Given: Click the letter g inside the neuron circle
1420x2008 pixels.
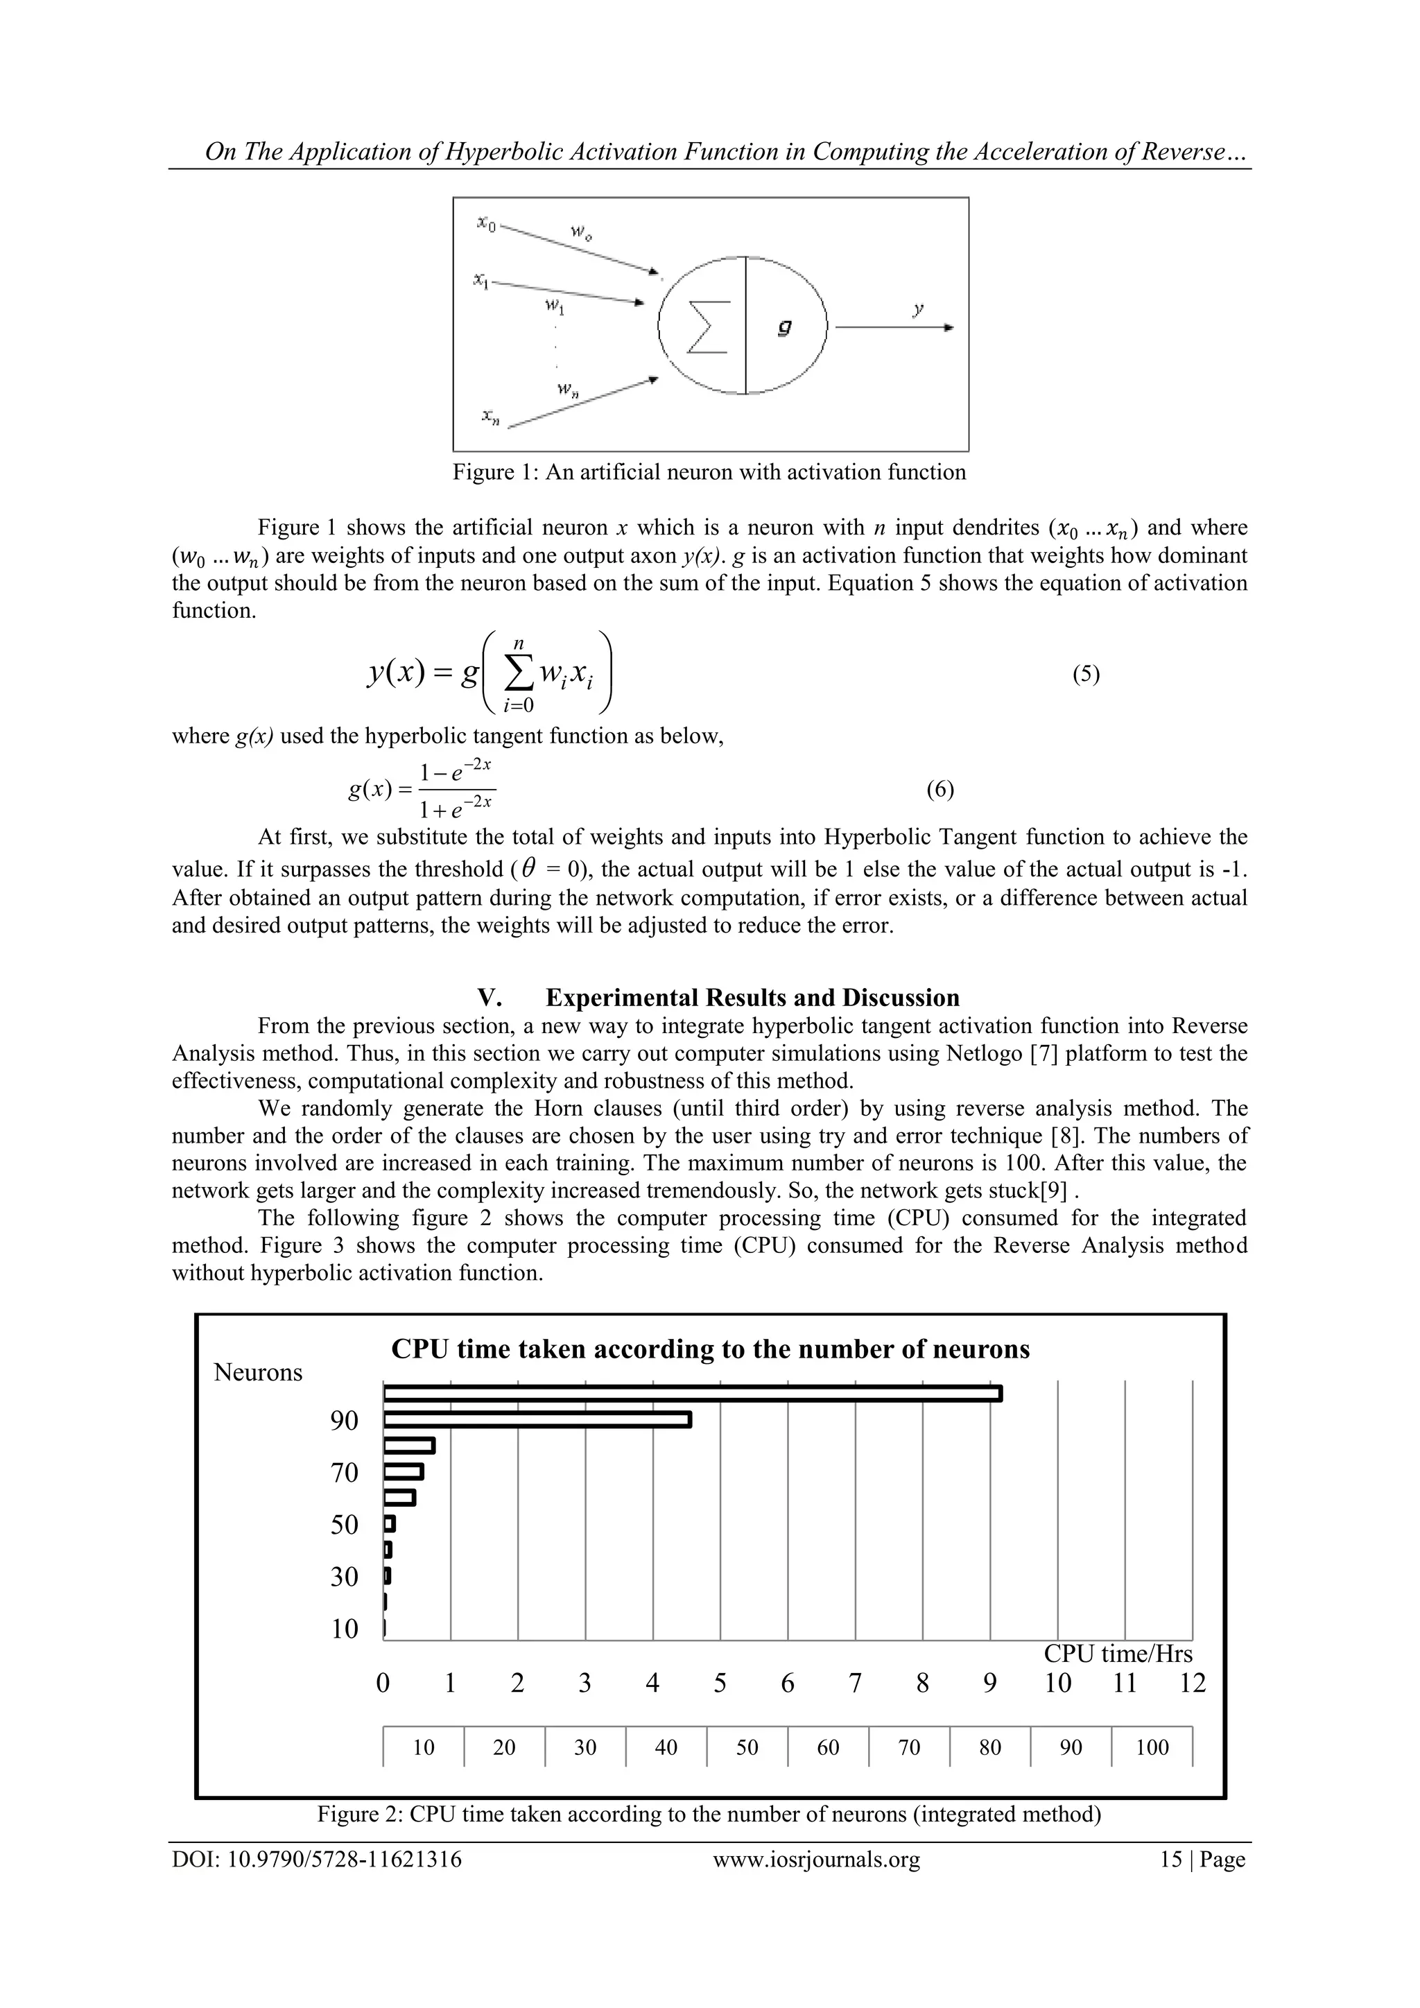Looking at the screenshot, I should (x=784, y=326).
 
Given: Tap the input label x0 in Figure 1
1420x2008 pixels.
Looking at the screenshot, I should (x=486, y=224).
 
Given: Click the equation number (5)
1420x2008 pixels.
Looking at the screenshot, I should (x=1085, y=673).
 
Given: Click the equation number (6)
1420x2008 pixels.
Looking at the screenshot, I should (x=940, y=790).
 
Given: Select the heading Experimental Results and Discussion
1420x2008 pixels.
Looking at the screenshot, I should (x=752, y=998).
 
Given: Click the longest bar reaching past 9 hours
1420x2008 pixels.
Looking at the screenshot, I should (x=692, y=1393).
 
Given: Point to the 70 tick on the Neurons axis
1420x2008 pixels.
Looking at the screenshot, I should (x=345, y=1473).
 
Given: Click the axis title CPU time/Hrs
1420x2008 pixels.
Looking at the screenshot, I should (x=1118, y=1654).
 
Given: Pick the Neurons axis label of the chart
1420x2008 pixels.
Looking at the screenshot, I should (x=258, y=1373).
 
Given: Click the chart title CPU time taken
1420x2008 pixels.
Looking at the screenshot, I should (x=710, y=1349).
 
